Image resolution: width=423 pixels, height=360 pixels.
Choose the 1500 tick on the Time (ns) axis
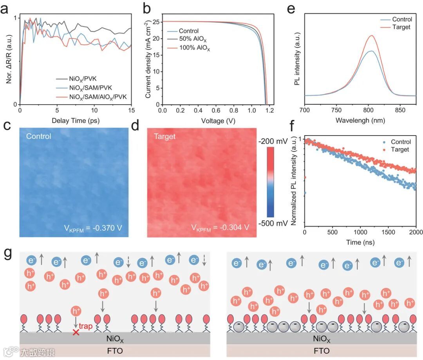pos(388,232)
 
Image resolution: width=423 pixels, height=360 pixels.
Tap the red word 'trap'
pos(86,326)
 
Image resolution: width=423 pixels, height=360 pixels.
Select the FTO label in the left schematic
pos(115,351)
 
